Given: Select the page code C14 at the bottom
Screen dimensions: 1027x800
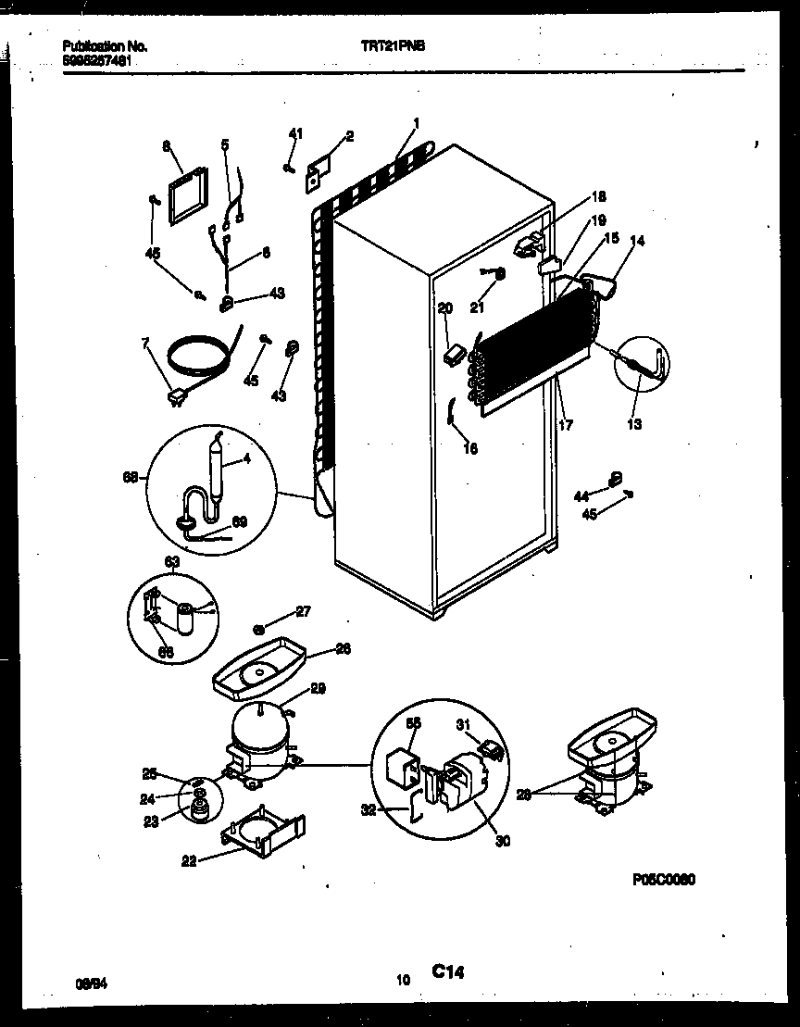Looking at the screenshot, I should pyautogui.click(x=447, y=971).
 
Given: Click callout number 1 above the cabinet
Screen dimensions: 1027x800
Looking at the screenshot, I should pyautogui.click(x=417, y=123).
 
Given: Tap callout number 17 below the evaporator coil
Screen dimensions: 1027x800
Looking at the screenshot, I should pyautogui.click(x=566, y=425).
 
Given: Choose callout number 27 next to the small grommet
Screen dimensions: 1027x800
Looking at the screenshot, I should pyautogui.click(x=304, y=610).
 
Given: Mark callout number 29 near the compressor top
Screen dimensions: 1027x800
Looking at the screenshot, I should pyautogui.click(x=319, y=689).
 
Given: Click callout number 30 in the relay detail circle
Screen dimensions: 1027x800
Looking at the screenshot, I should pyautogui.click(x=503, y=841).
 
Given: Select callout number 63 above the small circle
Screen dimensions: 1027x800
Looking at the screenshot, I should pyautogui.click(x=172, y=561).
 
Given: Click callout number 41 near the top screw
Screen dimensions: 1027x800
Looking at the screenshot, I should pyautogui.click(x=294, y=135).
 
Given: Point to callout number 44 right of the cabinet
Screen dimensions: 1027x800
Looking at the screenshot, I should pyautogui.click(x=581, y=496).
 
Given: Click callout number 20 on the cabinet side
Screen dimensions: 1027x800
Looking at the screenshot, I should pyautogui.click(x=444, y=309).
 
